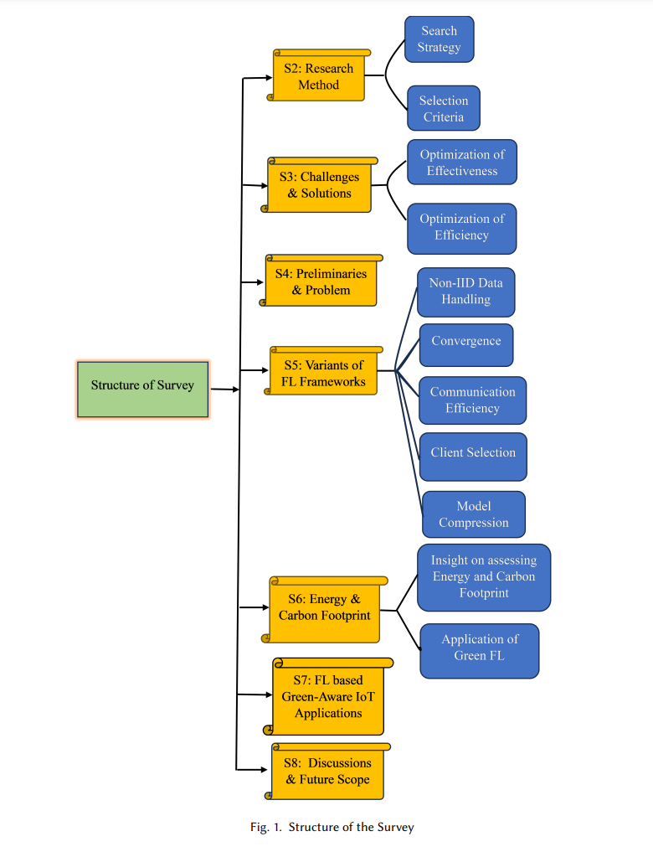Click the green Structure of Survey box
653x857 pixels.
click(142, 390)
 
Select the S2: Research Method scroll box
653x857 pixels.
click(319, 75)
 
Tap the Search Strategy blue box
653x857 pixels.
click(439, 39)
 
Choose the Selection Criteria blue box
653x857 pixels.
click(444, 108)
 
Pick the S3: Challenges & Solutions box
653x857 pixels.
click(320, 185)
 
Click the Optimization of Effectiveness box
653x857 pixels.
click(462, 163)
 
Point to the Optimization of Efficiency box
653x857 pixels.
click(462, 229)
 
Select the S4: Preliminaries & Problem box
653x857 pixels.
click(321, 281)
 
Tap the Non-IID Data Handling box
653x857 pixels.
click(465, 292)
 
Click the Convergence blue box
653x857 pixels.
click(466, 345)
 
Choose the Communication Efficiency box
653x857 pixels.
click(473, 400)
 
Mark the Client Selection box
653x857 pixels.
click(473, 457)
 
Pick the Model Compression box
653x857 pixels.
click(474, 514)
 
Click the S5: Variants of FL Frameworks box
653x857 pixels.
click(323, 371)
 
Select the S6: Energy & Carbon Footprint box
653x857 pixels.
click(325, 609)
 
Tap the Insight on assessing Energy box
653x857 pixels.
click(484, 577)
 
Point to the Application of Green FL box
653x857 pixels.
click(480, 651)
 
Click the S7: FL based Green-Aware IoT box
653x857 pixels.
click(328, 697)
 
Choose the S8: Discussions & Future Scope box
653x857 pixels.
click(327, 772)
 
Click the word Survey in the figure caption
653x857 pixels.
click(395, 828)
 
